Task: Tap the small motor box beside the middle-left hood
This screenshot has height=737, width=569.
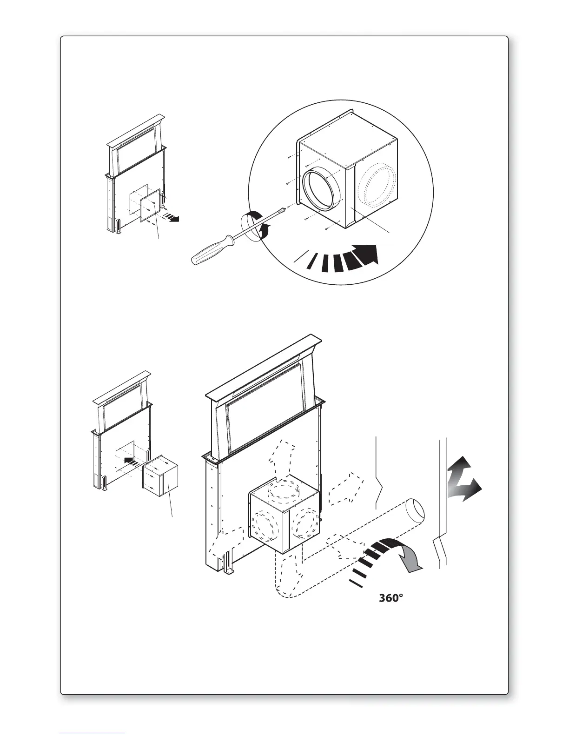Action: pos(161,478)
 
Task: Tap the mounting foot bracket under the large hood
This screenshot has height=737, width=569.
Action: pos(228,563)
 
